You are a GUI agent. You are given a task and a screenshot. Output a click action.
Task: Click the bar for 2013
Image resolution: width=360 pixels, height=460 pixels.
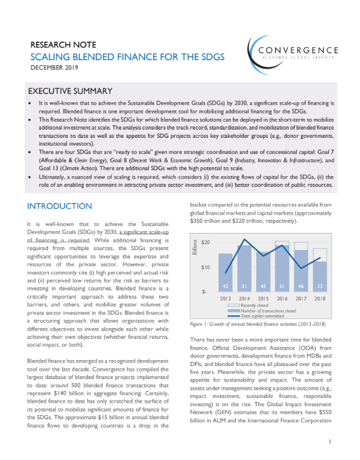[x=225, y=272]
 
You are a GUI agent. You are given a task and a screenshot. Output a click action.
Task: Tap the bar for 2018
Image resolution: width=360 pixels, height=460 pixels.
[x=319, y=276]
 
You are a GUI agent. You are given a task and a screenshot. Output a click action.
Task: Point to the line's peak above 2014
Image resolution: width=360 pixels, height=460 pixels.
[x=245, y=239]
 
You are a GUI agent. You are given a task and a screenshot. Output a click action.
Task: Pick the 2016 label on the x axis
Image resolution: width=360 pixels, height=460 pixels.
[x=283, y=299]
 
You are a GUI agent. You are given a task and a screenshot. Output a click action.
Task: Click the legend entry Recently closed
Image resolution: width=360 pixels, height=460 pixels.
[x=255, y=305]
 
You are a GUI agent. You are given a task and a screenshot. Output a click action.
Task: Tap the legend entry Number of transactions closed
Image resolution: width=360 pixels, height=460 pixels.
[x=268, y=310]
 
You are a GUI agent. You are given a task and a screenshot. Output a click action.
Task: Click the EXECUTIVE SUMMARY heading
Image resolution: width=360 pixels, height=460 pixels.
[x=70, y=91]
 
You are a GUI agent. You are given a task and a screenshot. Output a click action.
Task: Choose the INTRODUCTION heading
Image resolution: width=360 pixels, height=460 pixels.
[x=61, y=206]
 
